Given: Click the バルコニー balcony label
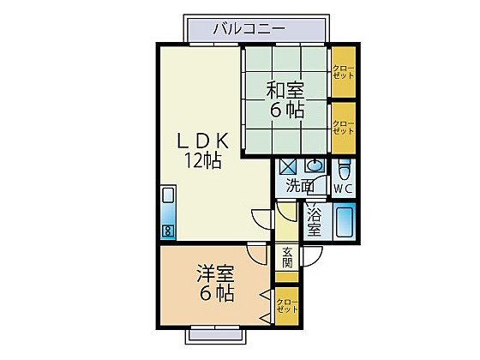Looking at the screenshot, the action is point(249,29).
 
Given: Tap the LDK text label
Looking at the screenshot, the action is point(203,141).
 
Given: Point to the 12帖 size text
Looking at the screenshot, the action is point(202,160).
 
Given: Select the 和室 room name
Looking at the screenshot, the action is point(285,90).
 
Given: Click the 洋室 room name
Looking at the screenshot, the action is point(215,274).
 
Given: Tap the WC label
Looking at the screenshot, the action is point(343,189).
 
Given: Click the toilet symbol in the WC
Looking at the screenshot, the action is point(344,171).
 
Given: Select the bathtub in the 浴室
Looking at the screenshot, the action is point(345,222).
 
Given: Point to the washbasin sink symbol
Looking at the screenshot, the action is point(313,166).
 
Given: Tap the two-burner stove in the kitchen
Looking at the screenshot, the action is point(168,231).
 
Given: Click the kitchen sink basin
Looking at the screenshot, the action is point(168,195).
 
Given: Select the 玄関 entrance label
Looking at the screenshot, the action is point(287,257).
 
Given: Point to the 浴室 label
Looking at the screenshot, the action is point(314,222).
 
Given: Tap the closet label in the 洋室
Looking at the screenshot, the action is point(287,306).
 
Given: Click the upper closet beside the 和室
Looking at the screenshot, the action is point(344,72).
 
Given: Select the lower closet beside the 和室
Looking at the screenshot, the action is point(344,128).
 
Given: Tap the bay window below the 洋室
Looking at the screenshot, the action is point(214,335).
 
